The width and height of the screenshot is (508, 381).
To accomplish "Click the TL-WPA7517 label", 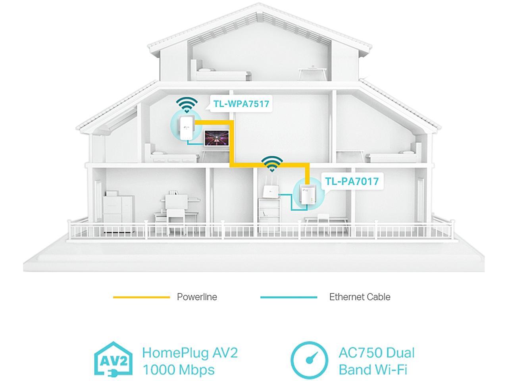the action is pyautogui.click(x=241, y=104).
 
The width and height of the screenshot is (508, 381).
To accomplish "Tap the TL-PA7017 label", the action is pyautogui.click(x=352, y=181).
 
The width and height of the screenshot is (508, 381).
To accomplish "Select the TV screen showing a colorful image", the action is pyautogui.click(x=217, y=138).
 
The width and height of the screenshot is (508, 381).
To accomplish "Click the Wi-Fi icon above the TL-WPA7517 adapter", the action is pyautogui.click(x=187, y=104).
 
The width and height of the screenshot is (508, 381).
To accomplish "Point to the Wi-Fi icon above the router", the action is pyautogui.click(x=272, y=164).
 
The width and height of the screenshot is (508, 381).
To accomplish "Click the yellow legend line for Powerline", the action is pyautogui.click(x=141, y=297).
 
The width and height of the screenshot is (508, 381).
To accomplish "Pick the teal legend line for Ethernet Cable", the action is pyautogui.click(x=289, y=297).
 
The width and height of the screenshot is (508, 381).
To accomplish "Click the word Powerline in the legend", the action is pyautogui.click(x=197, y=297).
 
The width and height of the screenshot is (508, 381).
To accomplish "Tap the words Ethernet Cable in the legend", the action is pyautogui.click(x=360, y=297).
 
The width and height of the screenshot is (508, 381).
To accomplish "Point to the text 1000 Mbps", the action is pyautogui.click(x=179, y=369).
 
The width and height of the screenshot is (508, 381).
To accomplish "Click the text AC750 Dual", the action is pyautogui.click(x=377, y=353).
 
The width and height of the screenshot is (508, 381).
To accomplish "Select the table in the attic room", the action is pyautogui.click(x=312, y=73).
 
